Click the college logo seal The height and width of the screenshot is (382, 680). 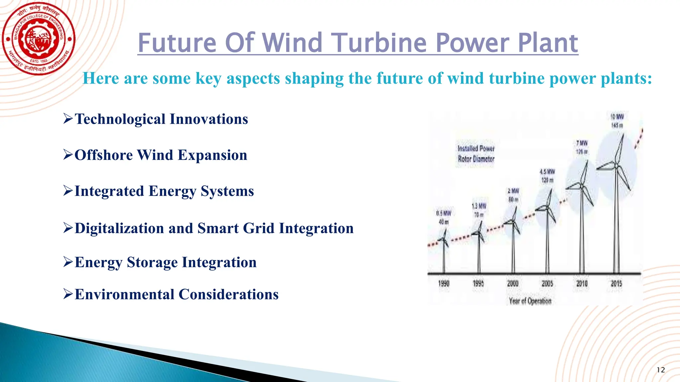[39, 39]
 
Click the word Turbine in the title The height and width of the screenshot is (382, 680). [380, 43]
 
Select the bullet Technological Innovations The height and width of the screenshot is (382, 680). [161, 119]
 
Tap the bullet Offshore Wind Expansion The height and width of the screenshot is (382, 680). [161, 155]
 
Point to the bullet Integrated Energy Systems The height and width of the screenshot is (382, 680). [164, 191]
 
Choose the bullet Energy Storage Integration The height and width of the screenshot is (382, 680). [165, 262]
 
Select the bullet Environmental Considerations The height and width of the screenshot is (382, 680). [176, 294]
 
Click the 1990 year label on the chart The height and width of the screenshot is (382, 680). [444, 284]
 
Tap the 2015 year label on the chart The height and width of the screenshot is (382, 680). [616, 284]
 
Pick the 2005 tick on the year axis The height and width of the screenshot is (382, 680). [547, 284]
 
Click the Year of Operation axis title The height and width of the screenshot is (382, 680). [530, 301]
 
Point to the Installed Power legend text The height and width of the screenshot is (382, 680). [476, 149]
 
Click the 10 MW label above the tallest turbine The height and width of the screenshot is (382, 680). [617, 117]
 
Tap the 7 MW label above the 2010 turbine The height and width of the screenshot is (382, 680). [582, 143]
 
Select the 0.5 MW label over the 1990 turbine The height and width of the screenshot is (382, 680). [444, 213]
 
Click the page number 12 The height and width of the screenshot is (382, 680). [661, 370]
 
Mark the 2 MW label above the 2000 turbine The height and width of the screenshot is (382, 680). [513, 191]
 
